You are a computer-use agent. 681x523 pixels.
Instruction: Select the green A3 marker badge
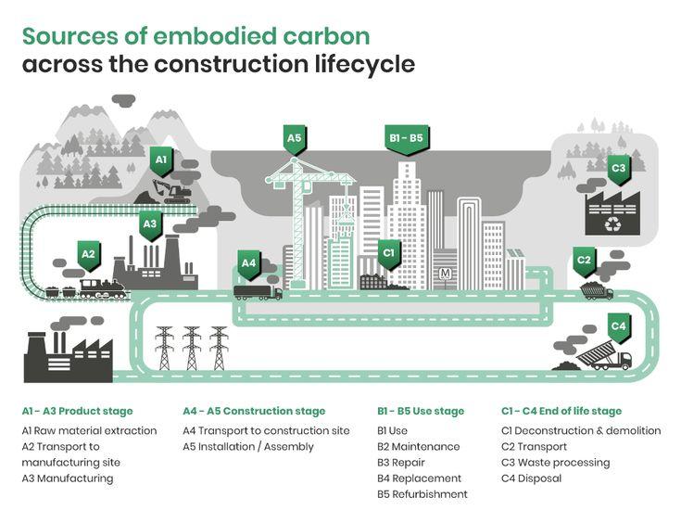150,224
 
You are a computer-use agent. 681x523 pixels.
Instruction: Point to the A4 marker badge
248,264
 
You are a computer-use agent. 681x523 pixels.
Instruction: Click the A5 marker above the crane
294,140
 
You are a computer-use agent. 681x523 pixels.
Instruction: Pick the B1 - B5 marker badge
405,139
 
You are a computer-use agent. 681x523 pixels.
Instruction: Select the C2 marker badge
583,261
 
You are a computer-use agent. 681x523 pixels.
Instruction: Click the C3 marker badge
618,169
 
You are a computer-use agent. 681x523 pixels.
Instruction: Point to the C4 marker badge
618,327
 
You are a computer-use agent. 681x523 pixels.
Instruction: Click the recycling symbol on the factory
612,223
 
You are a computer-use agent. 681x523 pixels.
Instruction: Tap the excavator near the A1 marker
172,192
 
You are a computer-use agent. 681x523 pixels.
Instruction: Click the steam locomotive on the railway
102,288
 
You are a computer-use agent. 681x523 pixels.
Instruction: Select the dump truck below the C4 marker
606,358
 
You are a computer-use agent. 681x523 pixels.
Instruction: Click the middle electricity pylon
191,348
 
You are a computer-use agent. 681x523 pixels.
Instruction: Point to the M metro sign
446,274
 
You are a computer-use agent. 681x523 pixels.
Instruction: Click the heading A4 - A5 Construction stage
254,411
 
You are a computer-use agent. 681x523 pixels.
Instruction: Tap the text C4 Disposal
531,478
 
